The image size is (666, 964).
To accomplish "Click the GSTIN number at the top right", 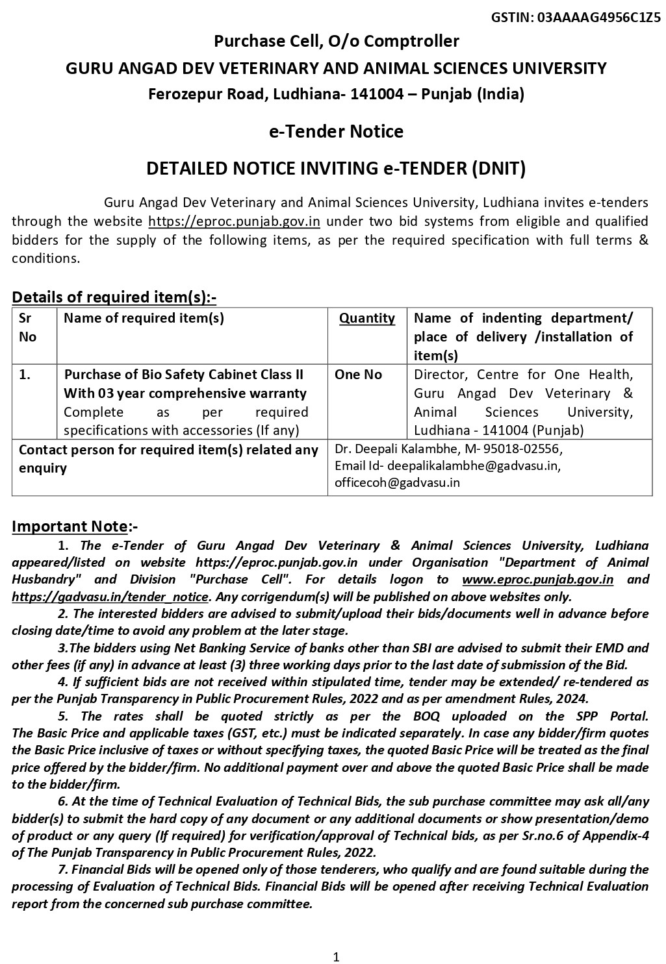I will click(598, 18).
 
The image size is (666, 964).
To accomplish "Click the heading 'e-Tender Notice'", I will click(336, 132).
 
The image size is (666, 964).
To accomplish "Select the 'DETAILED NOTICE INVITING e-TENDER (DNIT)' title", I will click(336, 169).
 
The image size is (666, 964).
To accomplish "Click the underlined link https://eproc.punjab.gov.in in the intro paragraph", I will click(234, 221).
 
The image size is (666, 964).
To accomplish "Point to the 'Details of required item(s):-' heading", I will click(114, 297).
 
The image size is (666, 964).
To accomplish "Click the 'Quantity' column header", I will click(367, 318).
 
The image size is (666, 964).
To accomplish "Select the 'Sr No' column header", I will click(27, 327).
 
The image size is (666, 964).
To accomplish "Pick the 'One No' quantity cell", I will click(358, 375).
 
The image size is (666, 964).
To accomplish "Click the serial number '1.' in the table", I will click(25, 375).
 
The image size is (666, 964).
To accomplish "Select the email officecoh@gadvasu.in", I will click(397, 482).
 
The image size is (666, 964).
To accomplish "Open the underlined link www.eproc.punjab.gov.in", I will click(537, 580).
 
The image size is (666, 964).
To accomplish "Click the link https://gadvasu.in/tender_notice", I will click(110, 597).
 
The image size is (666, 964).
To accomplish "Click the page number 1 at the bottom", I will click(336, 956).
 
